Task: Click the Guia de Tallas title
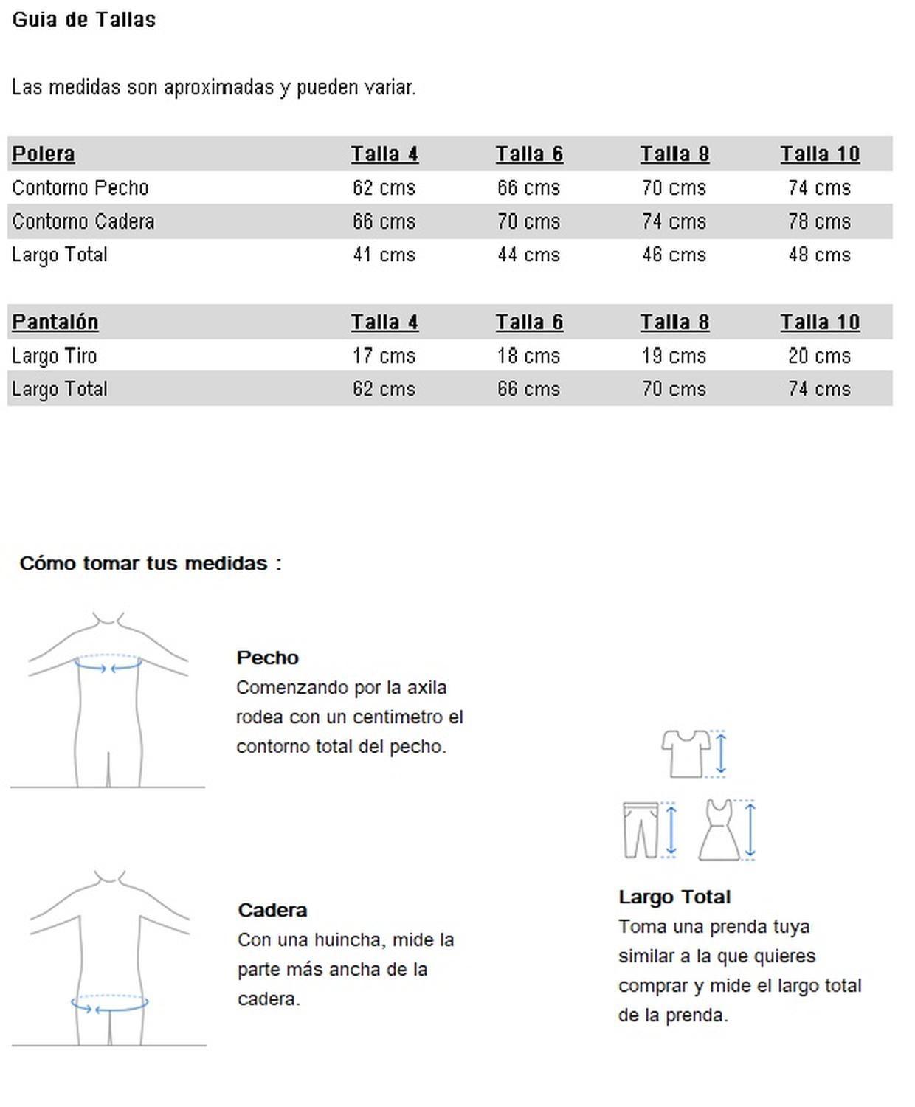83,20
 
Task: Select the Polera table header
44,154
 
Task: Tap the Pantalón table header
55,322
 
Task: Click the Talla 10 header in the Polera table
820,154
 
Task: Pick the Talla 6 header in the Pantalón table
529,322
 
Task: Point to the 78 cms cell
819,221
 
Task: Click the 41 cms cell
384,255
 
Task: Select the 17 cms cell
384,356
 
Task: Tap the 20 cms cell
819,356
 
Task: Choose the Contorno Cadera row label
83,221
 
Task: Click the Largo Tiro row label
55,356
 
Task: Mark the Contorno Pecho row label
80,188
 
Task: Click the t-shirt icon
686,753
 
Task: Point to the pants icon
640,830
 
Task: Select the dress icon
719,830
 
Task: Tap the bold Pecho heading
267,658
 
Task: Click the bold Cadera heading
272,910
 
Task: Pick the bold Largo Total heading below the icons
674,897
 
